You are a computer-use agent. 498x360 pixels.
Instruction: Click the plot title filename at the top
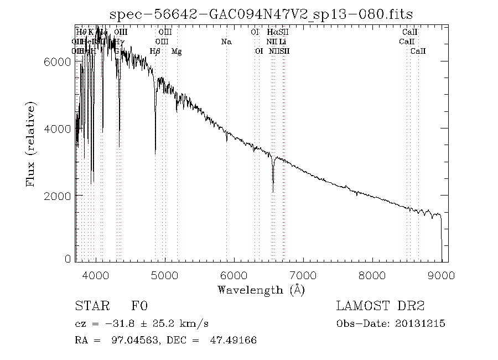click(262, 14)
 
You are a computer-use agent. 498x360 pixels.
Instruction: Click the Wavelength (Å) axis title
click(261, 289)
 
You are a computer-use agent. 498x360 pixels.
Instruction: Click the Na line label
click(226, 42)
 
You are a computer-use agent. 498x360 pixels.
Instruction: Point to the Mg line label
click(177, 52)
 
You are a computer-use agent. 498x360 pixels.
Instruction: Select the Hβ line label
click(155, 52)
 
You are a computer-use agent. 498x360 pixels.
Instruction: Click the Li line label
click(282, 42)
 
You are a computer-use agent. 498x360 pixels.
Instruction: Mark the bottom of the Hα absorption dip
click(273, 191)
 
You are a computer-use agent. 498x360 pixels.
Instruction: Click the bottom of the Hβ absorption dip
click(155, 153)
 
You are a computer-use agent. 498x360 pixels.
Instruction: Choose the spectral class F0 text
click(139, 306)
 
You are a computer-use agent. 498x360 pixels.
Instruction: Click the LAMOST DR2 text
click(380, 306)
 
